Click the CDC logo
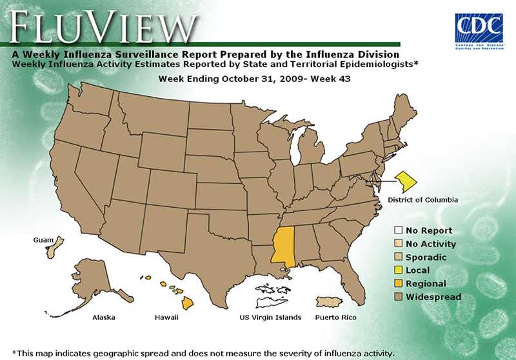(x=479, y=30)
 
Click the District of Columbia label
(x=422, y=200)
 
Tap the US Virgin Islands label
(x=270, y=317)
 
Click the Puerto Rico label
(x=335, y=317)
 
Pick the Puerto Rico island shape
(x=333, y=302)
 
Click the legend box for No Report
(x=399, y=231)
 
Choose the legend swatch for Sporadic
(x=399, y=257)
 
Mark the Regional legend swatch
(x=399, y=284)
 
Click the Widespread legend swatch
(x=399, y=297)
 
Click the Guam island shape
(x=56, y=248)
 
